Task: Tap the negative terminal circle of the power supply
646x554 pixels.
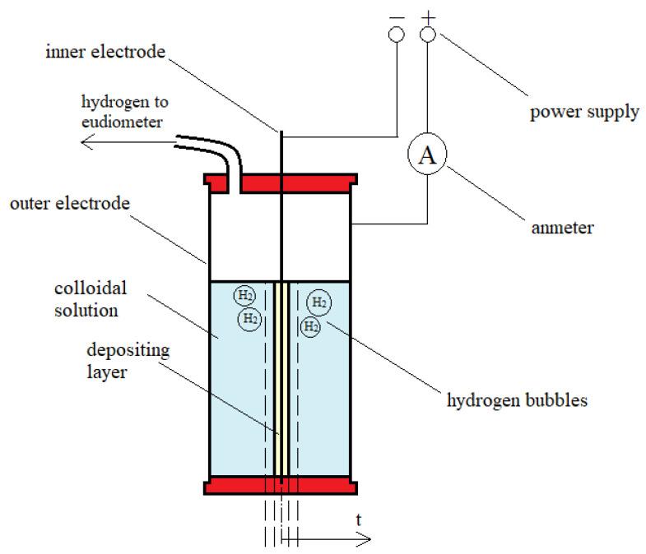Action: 396,35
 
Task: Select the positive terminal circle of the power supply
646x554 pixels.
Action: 427,35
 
